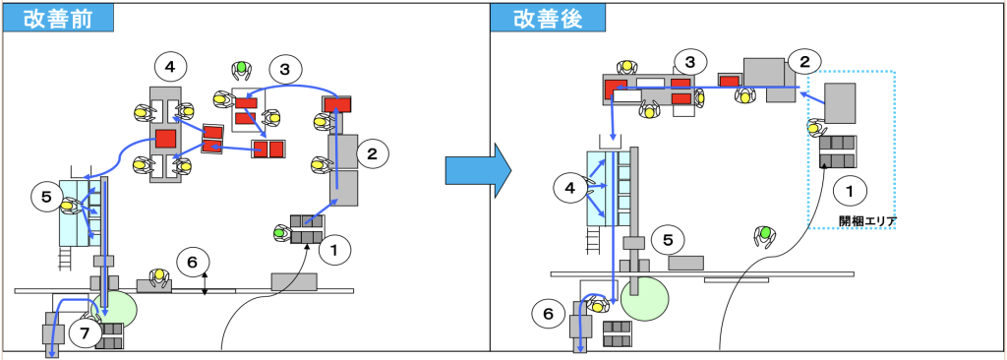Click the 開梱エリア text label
pyautogui.click(x=867, y=221)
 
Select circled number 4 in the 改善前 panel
pyautogui.click(x=171, y=66)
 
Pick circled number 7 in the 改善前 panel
pyautogui.click(x=86, y=333)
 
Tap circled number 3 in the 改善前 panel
pyautogui.click(x=284, y=69)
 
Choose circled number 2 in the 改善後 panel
pyautogui.click(x=805, y=63)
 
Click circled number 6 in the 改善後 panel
pyautogui.click(x=548, y=315)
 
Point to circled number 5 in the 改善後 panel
pyautogui.click(x=668, y=240)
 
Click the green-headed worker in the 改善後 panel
pyautogui.click(x=764, y=237)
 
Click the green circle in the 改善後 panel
pyautogui.click(x=642, y=298)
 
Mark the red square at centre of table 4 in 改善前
pyautogui.click(x=165, y=139)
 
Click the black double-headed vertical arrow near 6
pyautogui.click(x=205, y=283)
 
